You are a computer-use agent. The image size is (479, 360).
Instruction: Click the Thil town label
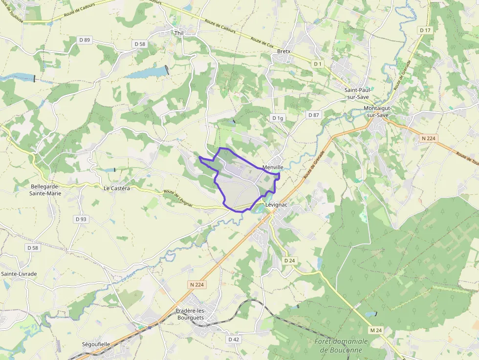pyautogui.click(x=178, y=33)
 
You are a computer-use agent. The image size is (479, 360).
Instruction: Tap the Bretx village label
pyautogui.click(x=283, y=51)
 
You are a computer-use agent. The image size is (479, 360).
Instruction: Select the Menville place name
pyautogui.click(x=273, y=167)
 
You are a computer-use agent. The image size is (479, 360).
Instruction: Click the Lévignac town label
pyautogui.click(x=276, y=205)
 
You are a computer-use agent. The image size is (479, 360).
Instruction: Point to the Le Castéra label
pyautogui.click(x=117, y=188)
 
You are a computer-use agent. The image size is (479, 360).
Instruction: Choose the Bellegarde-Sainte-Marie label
pyautogui.click(x=45, y=190)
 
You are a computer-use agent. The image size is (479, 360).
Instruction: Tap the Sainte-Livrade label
pyautogui.click(x=19, y=274)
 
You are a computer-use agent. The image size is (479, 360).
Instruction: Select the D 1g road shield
pyautogui.click(x=278, y=118)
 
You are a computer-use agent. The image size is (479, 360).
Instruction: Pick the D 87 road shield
pyautogui.click(x=313, y=115)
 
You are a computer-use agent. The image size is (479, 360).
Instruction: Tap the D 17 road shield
pyautogui.click(x=425, y=30)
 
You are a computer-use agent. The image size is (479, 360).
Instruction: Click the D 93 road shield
pyautogui.click(x=81, y=219)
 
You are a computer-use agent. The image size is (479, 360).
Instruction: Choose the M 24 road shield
pyautogui.click(x=375, y=331)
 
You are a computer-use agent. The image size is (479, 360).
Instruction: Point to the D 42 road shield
pyautogui.click(x=234, y=339)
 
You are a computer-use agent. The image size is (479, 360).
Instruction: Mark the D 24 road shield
pyautogui.click(x=289, y=261)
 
